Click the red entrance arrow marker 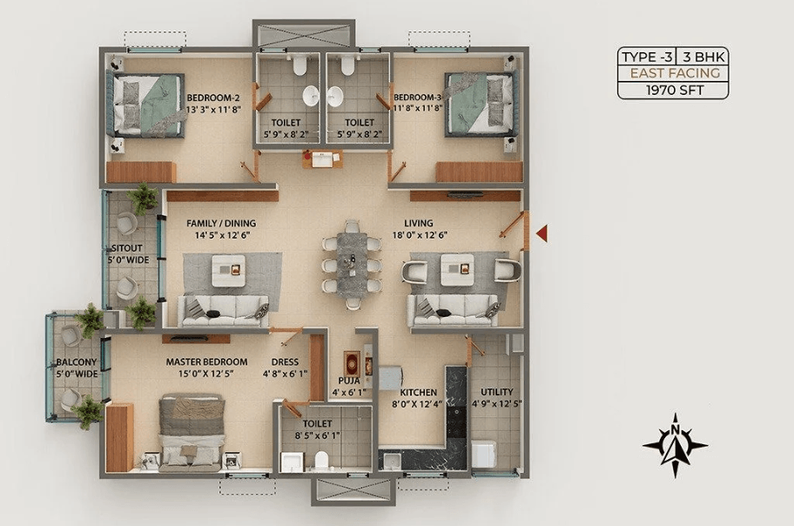542,233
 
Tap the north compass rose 675,445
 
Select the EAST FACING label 675,73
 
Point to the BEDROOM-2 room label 213,98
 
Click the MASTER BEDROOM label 206,361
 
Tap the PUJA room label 349,381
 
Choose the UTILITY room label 497,392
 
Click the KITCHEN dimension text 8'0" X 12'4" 418,404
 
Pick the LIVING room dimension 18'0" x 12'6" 420,235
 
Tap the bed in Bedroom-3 481,105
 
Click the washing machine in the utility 483,455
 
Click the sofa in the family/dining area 223,311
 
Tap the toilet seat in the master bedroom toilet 321,460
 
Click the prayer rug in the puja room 350,361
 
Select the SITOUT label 126,248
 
